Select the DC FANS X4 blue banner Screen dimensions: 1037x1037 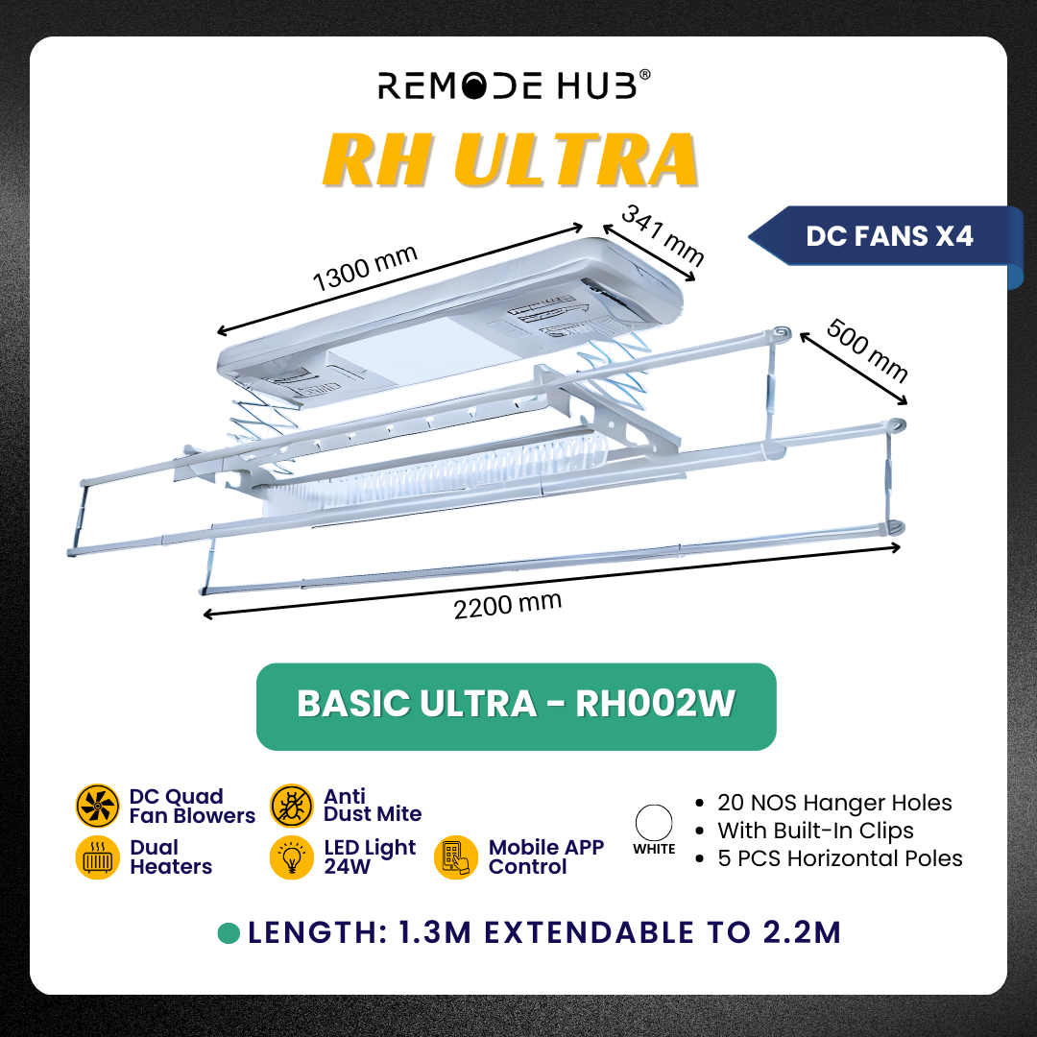click(x=888, y=235)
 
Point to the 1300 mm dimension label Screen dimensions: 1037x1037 click(x=365, y=268)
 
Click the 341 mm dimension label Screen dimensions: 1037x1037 click(x=663, y=236)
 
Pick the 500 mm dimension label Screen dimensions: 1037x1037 click(x=867, y=351)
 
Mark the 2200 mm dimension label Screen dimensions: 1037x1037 click(x=507, y=606)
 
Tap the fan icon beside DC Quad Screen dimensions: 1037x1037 click(x=97, y=807)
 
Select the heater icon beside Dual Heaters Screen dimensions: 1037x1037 click(x=97, y=857)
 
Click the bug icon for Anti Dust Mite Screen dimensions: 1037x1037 click(x=292, y=806)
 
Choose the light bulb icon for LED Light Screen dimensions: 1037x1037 click(x=292, y=857)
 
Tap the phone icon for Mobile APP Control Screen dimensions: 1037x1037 click(x=456, y=857)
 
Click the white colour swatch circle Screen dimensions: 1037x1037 click(x=654, y=823)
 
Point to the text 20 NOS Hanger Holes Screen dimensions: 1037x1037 click(x=834, y=804)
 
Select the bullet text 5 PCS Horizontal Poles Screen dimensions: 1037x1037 click(x=839, y=858)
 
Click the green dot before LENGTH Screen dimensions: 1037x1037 click(x=229, y=933)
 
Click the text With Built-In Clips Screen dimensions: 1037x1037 click(x=815, y=831)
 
